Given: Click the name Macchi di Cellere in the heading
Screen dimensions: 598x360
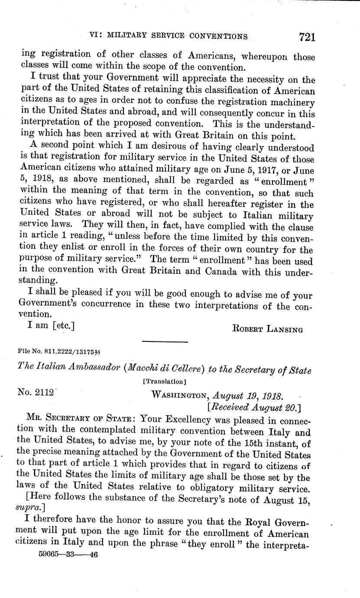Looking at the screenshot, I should (x=164, y=369).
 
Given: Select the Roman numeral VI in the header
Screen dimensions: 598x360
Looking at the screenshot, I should (x=94, y=37).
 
